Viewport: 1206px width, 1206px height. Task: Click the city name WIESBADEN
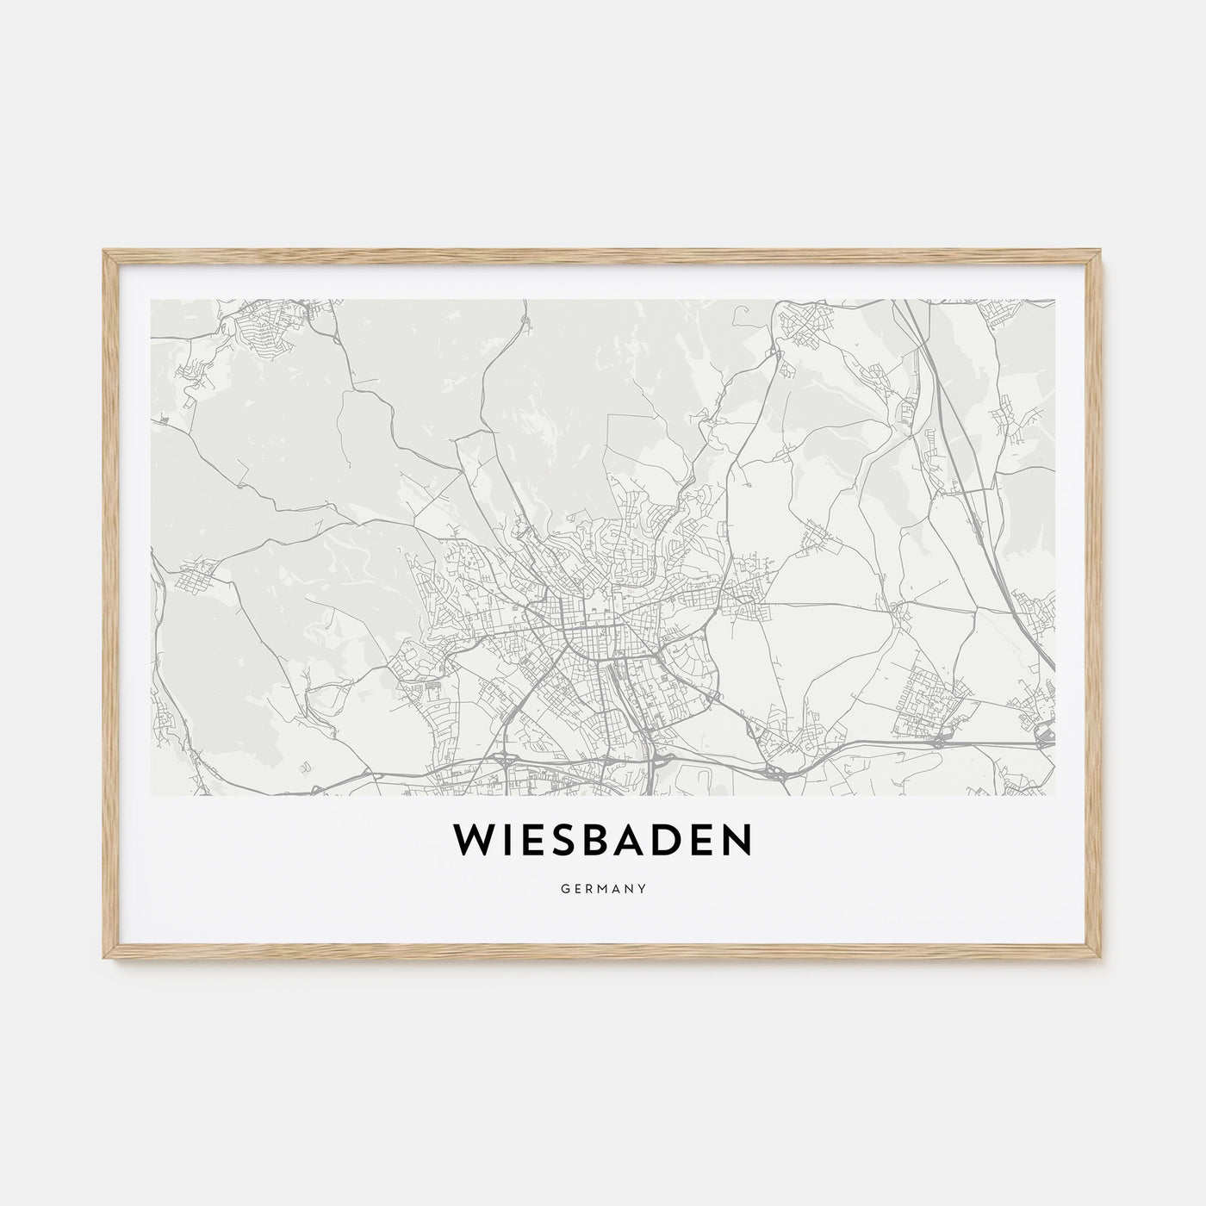602,842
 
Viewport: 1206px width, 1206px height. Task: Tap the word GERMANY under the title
603,885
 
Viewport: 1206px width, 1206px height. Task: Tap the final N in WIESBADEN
736,842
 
